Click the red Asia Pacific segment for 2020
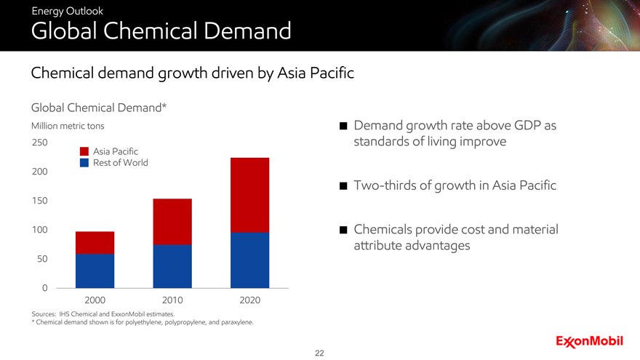[x=249, y=195]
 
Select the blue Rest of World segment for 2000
[x=95, y=271]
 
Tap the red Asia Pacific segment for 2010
[x=172, y=222]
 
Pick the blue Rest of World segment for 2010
[x=172, y=266]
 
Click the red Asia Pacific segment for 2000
[x=95, y=243]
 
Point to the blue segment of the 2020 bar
[x=249, y=260]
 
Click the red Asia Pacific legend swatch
[x=84, y=151]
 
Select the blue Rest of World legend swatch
[x=84, y=163]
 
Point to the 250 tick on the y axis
[x=39, y=143]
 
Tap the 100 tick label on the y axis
[x=39, y=230]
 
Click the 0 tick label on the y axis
[x=44, y=288]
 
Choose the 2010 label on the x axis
[x=172, y=300]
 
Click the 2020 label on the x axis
[x=249, y=300]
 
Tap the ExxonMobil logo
[x=589, y=342]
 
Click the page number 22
[x=319, y=353]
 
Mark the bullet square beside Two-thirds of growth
[x=343, y=186]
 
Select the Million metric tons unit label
[x=68, y=126]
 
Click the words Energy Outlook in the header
[x=68, y=11]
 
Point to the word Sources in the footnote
[x=44, y=314]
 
